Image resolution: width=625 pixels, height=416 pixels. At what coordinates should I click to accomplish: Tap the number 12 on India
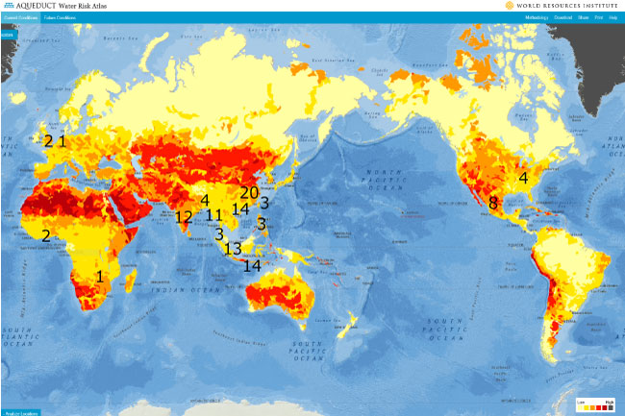coord(183,217)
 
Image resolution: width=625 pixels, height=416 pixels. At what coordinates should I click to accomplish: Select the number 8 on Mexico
coord(493,203)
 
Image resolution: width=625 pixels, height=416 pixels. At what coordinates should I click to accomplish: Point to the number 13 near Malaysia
coord(233,249)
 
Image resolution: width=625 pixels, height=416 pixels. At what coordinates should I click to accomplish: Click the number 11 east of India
coord(214,215)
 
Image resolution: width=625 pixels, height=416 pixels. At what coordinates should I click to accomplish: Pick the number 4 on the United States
coord(524,178)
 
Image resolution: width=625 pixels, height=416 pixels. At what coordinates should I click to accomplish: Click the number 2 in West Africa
coord(44,235)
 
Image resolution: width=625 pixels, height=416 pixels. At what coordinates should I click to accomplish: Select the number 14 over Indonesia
coord(253,265)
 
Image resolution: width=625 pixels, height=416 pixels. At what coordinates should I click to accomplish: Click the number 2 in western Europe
coord(48,141)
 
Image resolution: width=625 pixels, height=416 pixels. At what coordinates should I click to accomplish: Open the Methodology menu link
coord(537,17)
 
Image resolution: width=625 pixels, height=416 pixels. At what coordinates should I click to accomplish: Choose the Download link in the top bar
coord(563,17)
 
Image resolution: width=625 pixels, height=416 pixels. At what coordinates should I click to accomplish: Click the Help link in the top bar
coord(613,17)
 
